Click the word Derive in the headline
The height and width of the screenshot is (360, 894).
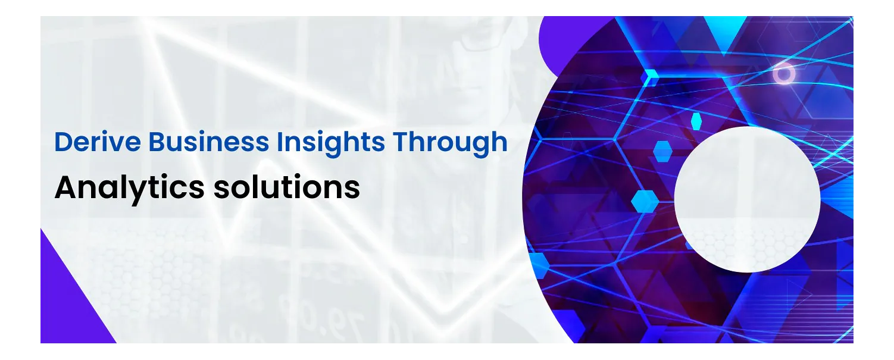pyautogui.click(x=98, y=142)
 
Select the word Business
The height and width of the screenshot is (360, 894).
pyautogui.click(x=209, y=142)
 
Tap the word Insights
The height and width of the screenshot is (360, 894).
pyautogui.click(x=331, y=143)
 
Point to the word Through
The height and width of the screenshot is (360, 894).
pyautogui.click(x=450, y=143)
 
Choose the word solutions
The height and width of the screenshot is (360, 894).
pyautogui.click(x=286, y=187)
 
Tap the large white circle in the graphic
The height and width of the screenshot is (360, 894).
pyautogui.click(x=747, y=199)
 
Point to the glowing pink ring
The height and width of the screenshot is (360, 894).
pyautogui.click(x=783, y=74)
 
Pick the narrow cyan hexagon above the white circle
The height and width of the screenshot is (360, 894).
pyautogui.click(x=696, y=121)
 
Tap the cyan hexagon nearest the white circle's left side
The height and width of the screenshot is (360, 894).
pyautogui.click(x=645, y=201)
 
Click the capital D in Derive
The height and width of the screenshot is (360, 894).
pyautogui.click(x=63, y=142)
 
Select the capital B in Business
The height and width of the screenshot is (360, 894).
pyautogui.click(x=157, y=142)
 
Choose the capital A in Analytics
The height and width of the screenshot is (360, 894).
pyautogui.click(x=67, y=187)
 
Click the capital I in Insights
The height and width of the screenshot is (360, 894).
pyautogui.click(x=279, y=142)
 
